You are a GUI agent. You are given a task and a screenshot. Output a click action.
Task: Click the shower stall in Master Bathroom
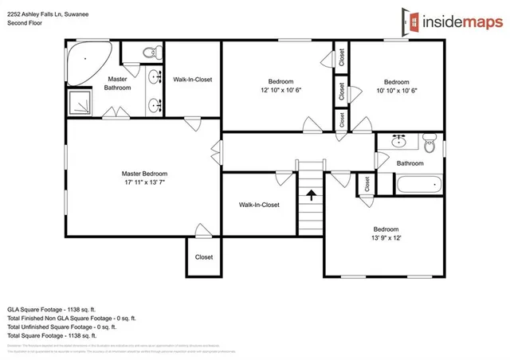click(80, 103)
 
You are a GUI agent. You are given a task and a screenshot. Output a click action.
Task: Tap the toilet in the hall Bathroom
click(430, 144)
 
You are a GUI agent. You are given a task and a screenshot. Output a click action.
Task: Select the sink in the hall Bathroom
click(399, 143)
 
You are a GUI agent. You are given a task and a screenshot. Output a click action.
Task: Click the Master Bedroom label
click(144, 174)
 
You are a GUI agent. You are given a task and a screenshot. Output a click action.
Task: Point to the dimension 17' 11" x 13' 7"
click(144, 182)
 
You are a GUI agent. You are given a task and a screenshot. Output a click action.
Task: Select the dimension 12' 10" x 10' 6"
click(280, 90)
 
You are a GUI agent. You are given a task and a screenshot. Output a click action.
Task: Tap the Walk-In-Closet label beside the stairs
click(259, 205)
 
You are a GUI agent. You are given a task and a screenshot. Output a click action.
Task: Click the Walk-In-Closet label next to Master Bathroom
click(192, 79)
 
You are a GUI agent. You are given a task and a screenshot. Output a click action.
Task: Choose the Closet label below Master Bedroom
click(204, 257)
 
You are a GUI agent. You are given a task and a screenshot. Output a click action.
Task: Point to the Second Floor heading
click(25, 23)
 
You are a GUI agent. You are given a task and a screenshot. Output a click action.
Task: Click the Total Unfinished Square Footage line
click(61, 327)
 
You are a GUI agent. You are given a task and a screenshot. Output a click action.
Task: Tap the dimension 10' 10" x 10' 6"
click(396, 90)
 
